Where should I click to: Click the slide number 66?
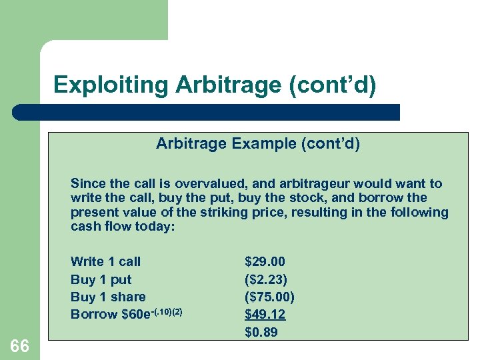click(x=20, y=346)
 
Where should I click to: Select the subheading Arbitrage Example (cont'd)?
click(x=258, y=143)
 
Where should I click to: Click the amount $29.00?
click(x=265, y=262)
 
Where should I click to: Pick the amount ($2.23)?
click(x=266, y=279)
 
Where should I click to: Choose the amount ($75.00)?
click(x=269, y=297)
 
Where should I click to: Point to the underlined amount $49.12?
click(x=265, y=314)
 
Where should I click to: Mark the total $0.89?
click(x=261, y=331)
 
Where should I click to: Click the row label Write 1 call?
click(x=105, y=262)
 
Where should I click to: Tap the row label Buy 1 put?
click(x=101, y=279)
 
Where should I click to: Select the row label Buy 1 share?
click(x=108, y=297)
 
